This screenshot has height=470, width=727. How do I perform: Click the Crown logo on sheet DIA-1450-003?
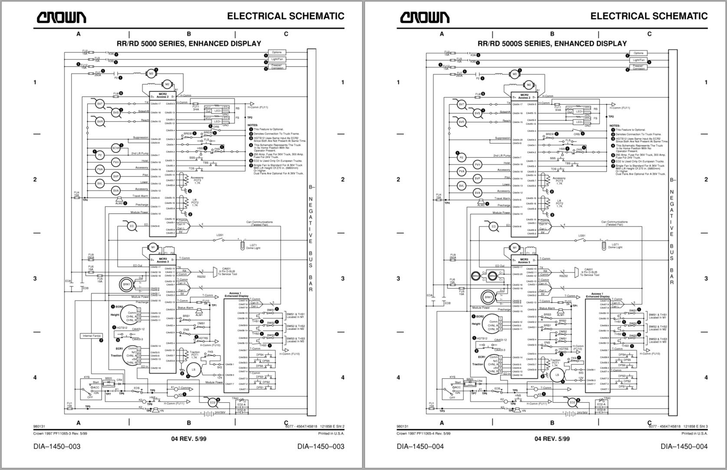click(x=61, y=17)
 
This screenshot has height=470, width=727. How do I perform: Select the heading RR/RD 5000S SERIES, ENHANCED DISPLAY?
click(x=552, y=43)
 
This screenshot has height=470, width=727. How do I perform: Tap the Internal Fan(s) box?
click(x=92, y=336)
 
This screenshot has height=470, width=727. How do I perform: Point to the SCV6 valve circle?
click(x=116, y=148)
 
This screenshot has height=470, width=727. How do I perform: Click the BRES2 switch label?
click(x=208, y=132)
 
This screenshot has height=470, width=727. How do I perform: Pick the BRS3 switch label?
click(x=547, y=315)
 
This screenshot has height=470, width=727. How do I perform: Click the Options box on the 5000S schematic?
click(x=639, y=53)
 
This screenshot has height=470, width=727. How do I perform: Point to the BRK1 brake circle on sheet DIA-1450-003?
click(x=127, y=284)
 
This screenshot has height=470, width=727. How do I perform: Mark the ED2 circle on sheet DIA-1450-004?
click(x=572, y=402)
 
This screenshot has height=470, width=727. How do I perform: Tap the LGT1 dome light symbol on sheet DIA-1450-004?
click(x=603, y=246)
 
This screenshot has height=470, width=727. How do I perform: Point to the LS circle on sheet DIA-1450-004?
click(x=558, y=375)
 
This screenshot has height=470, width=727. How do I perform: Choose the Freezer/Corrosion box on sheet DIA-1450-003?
click(x=277, y=66)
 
